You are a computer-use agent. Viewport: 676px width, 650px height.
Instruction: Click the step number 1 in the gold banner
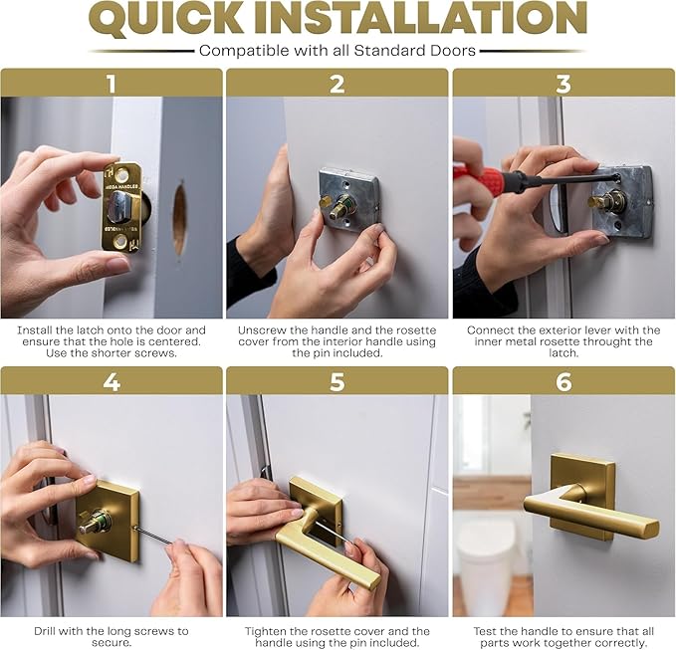pos(112,84)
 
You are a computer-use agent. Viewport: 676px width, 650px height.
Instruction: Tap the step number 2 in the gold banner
pos(337,84)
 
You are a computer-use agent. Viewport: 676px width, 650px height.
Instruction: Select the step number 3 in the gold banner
pos(563,84)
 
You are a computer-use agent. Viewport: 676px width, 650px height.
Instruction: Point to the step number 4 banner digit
pos(112,381)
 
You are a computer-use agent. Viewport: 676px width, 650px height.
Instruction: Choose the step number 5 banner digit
pos(337,381)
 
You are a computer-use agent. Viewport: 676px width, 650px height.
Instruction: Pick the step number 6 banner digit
pos(563,381)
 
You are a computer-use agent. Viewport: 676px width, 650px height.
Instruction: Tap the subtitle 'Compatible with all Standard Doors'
pos(338,50)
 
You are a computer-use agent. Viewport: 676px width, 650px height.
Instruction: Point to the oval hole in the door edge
pos(179,217)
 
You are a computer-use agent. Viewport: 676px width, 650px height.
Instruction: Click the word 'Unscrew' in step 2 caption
pos(263,329)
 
